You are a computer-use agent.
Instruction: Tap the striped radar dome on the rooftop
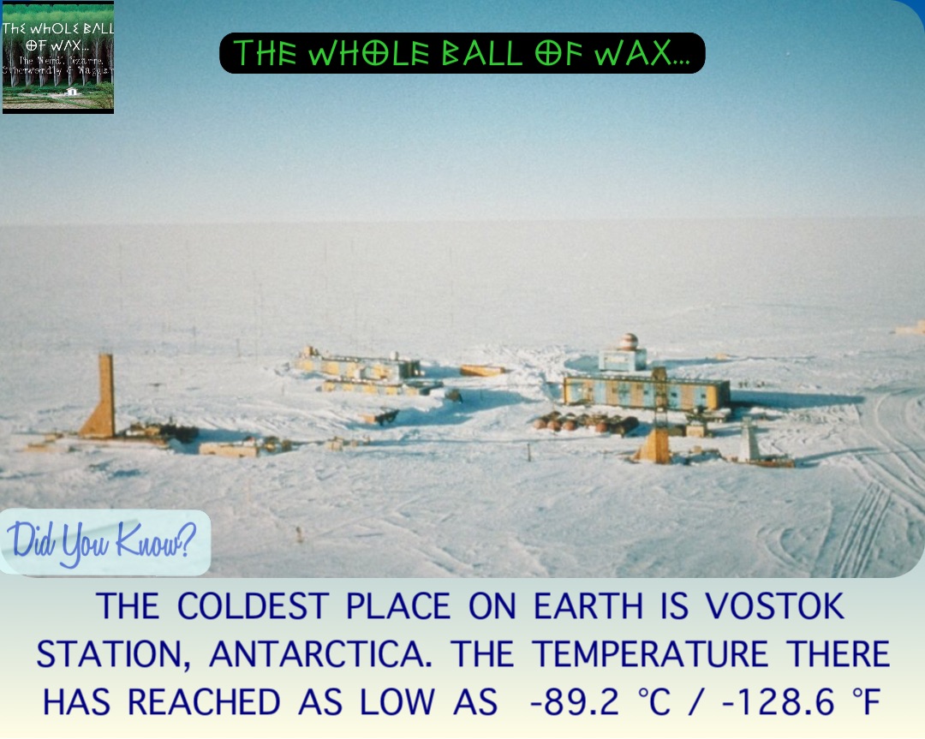(x=630, y=341)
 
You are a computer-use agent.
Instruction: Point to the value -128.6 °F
(x=779, y=702)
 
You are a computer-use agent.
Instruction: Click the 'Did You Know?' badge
(x=103, y=541)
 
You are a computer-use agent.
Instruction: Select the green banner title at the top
(x=462, y=53)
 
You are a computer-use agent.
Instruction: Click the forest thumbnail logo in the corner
(x=57, y=57)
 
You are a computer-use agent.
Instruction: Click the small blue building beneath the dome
(x=623, y=360)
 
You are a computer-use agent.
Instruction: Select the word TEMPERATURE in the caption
(x=652, y=655)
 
